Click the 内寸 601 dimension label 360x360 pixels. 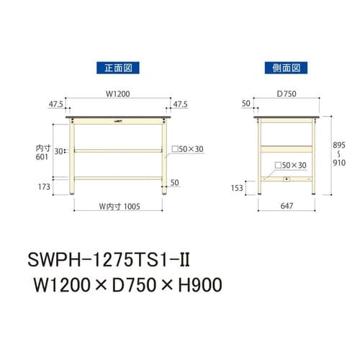click(x=44, y=155)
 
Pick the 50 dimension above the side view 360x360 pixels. click(x=246, y=104)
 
